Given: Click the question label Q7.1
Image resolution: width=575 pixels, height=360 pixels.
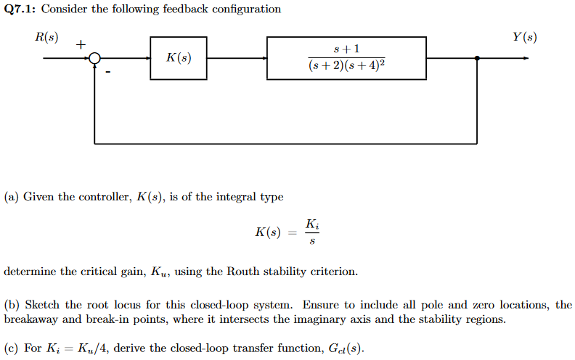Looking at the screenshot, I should [x=20, y=9].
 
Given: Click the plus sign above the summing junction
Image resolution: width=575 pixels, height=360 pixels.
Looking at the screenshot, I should [x=81, y=45].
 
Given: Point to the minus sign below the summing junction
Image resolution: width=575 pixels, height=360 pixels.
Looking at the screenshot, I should [x=107, y=72].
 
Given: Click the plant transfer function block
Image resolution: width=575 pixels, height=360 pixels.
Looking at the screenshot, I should [x=346, y=58].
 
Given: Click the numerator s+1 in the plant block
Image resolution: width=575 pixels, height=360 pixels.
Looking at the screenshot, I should [x=346, y=49].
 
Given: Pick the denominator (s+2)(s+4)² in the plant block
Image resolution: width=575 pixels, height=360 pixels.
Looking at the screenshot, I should [x=346, y=67].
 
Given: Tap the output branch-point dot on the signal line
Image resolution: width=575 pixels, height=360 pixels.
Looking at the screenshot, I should [x=476, y=59].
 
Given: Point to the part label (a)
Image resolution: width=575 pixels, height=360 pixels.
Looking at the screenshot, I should [x=12, y=196].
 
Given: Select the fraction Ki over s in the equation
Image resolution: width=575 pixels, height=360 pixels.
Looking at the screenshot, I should [x=311, y=232].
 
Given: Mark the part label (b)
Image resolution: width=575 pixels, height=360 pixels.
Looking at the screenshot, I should [x=12, y=305].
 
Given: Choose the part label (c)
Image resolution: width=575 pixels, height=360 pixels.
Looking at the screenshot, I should [x=12, y=348].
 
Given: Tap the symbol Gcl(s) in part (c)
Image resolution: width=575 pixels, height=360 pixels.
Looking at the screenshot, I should [x=340, y=348].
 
